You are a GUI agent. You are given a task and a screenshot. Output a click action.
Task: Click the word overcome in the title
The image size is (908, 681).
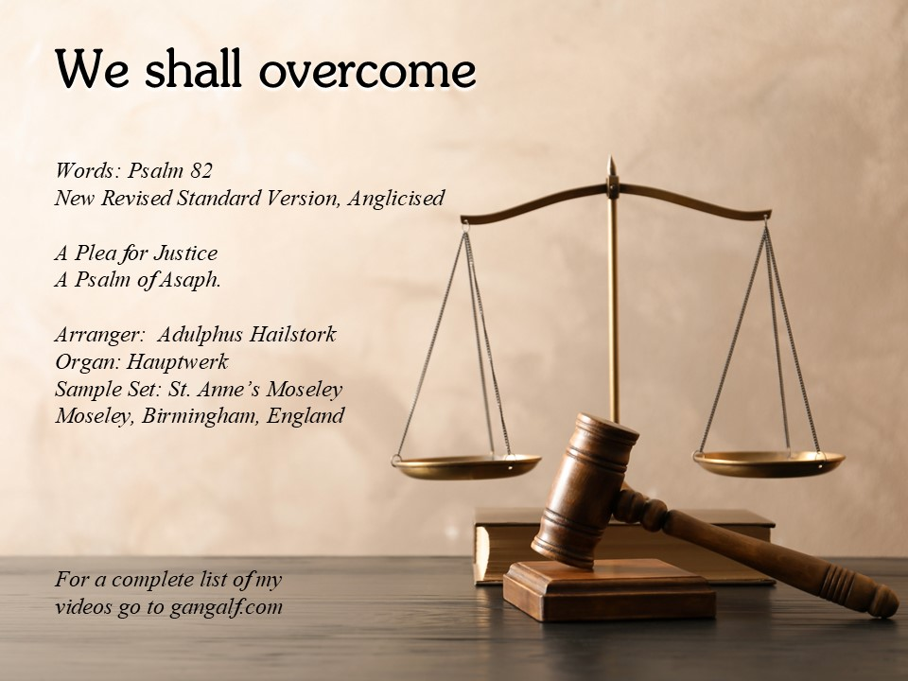click(368, 70)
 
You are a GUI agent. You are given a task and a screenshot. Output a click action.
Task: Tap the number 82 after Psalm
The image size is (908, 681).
click(201, 170)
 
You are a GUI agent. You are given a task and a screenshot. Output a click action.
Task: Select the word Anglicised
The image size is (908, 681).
click(396, 198)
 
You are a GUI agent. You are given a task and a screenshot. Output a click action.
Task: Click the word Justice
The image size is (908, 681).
click(185, 253)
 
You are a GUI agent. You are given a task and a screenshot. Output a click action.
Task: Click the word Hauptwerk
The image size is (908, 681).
click(177, 362)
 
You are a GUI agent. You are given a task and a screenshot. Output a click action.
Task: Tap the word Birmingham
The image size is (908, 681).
click(201, 416)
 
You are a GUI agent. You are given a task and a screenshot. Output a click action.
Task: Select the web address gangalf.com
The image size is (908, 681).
click(226, 607)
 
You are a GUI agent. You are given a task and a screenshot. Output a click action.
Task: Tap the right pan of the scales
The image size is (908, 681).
click(768, 463)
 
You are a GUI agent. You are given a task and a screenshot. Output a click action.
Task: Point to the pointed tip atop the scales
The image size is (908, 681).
click(610, 156)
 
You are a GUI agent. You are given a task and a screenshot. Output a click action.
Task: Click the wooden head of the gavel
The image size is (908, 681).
click(584, 489)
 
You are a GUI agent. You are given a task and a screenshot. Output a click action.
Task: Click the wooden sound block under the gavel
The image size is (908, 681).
click(608, 589)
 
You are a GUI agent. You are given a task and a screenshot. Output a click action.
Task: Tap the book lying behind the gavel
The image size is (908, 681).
click(625, 545)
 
